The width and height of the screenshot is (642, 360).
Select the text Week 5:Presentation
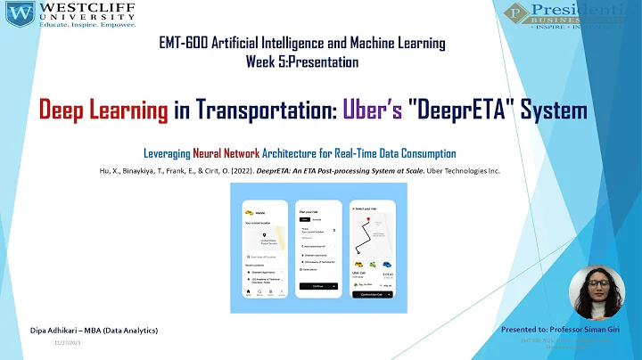click(302, 62)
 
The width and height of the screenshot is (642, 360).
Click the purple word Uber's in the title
click(367, 110)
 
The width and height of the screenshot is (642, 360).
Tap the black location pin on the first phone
click(265, 234)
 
